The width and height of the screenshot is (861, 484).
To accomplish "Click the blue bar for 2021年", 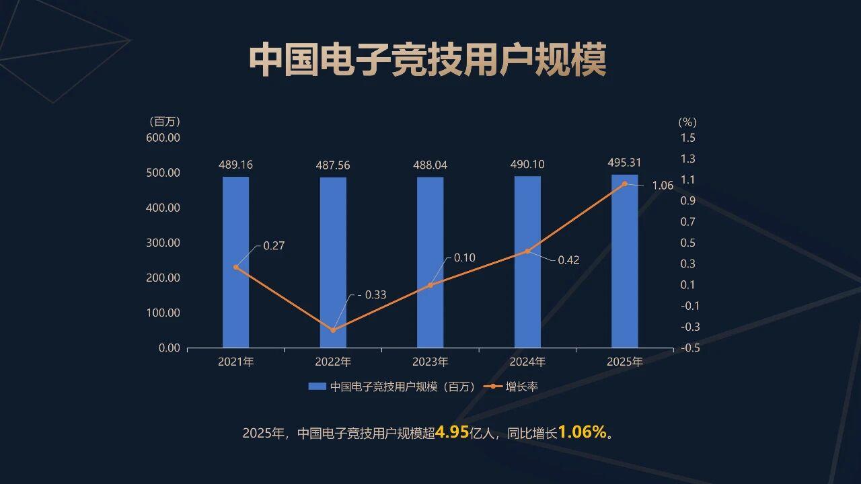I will (x=235, y=262).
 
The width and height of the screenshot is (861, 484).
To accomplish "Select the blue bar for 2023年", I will (x=430, y=262).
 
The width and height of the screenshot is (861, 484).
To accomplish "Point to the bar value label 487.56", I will (x=333, y=165).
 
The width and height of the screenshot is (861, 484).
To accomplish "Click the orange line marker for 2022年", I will (x=333, y=330).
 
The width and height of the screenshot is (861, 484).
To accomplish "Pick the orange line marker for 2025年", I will (x=625, y=184).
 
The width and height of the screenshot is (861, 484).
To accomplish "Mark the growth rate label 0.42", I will (x=568, y=260).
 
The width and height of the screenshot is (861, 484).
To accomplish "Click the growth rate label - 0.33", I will (x=371, y=294).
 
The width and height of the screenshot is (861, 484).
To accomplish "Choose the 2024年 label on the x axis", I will (x=527, y=362).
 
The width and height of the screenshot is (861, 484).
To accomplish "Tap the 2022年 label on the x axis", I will (x=333, y=362).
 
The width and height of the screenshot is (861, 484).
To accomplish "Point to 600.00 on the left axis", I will (x=163, y=138).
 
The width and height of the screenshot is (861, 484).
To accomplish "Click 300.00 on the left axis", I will (x=163, y=243).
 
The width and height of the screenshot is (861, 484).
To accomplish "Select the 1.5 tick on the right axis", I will (x=687, y=138).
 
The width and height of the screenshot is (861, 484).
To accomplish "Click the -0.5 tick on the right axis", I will (x=689, y=348).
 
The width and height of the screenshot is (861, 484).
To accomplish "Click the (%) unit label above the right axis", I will (x=687, y=122).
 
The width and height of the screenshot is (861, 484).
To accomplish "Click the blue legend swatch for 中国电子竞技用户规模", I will (x=317, y=387).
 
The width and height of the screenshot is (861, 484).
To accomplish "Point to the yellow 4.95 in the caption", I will (x=451, y=432).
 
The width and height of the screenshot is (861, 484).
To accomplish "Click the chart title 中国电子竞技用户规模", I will (x=428, y=61).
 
